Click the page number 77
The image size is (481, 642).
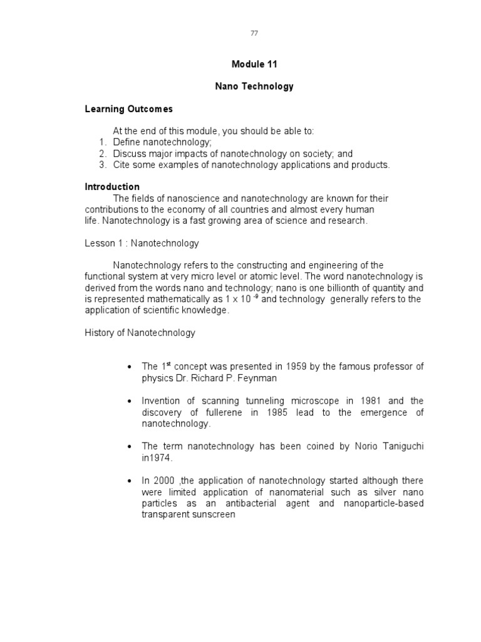point(254,33)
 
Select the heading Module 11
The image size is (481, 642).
point(254,64)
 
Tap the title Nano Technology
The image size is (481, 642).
point(254,87)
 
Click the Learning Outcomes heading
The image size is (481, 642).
point(128,109)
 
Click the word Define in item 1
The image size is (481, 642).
point(127,142)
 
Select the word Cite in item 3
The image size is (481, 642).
point(122,165)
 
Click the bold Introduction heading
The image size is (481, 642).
point(112,187)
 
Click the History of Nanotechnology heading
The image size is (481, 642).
point(140,333)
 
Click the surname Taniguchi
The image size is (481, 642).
point(401,446)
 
